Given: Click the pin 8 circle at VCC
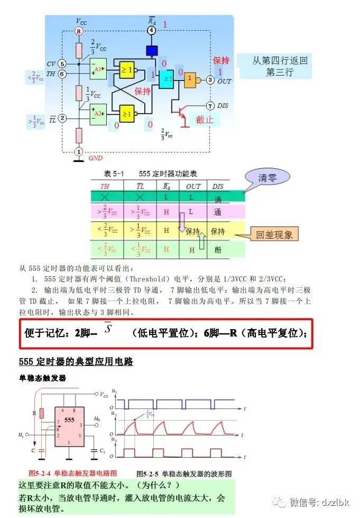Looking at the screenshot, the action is [x=79, y=32].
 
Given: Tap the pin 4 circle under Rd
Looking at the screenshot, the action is [x=152, y=30].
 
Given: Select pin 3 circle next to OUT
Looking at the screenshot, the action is [x=210, y=80].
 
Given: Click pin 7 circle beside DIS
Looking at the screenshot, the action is [x=210, y=105].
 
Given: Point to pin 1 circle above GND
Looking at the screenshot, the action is [x=79, y=152].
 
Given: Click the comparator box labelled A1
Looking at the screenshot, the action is [x=98, y=68].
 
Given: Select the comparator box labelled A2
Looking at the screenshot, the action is [x=98, y=113].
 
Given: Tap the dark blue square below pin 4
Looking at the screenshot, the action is [x=152, y=51].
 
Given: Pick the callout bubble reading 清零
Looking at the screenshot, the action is [x=267, y=178].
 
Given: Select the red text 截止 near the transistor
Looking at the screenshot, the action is [x=205, y=120].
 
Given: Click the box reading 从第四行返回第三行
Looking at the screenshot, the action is [x=280, y=66].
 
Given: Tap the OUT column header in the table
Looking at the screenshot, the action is [x=193, y=186].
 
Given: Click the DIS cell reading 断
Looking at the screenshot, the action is [x=218, y=249].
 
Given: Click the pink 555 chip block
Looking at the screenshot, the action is [x=68, y=427].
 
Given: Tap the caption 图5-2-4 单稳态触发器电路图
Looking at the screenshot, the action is [x=72, y=472].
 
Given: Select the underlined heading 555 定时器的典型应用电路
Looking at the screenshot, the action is [x=76, y=362].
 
